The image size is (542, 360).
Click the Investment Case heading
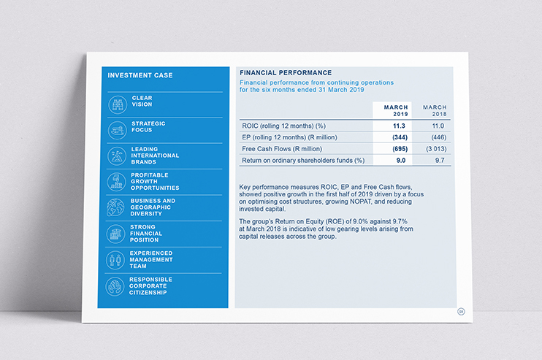tap(140, 74)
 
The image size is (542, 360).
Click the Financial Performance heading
tap(286, 72)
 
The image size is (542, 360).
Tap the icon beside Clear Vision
tap(117, 104)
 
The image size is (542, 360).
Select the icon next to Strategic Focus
tap(117, 130)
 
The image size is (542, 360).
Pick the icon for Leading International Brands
tap(117, 156)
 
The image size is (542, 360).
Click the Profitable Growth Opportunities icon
tap(117, 181)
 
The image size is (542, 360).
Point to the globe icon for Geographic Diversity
tap(117, 207)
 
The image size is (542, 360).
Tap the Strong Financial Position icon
tap(117, 234)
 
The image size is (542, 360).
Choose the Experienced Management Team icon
tap(117, 260)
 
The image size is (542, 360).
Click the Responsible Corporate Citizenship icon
tap(117, 286)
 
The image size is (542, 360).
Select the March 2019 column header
tap(396, 110)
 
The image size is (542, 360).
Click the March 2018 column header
tap(435, 110)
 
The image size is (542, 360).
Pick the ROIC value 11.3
tap(399, 126)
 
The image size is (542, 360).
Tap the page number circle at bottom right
tap(460, 313)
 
